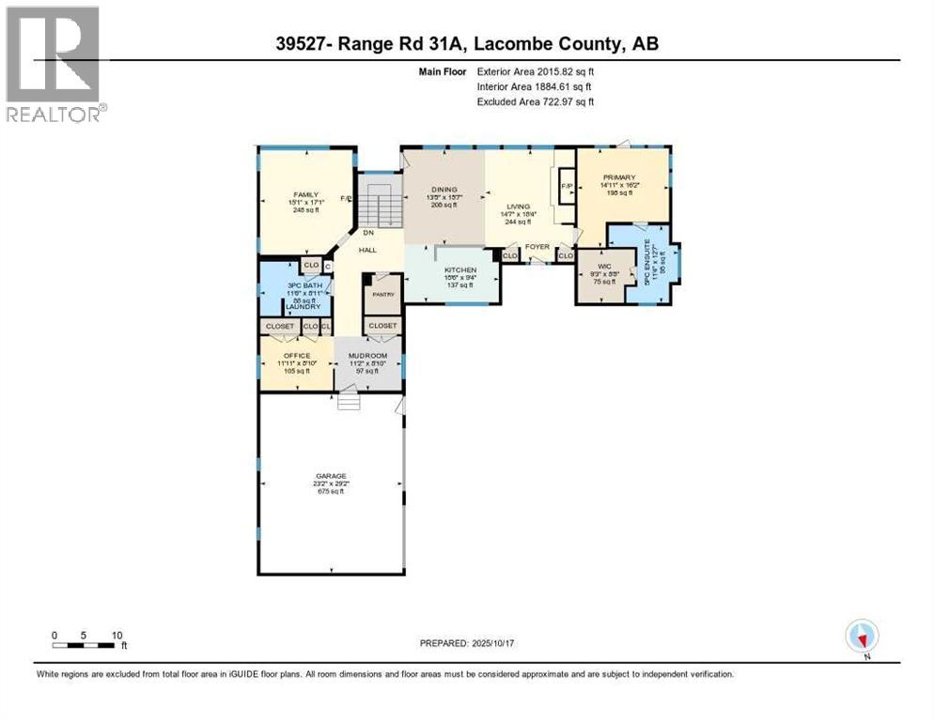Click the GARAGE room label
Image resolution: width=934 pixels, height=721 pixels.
coord(330,476)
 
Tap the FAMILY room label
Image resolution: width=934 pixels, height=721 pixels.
coord(305,194)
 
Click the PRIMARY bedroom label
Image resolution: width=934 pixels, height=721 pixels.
coord(620,177)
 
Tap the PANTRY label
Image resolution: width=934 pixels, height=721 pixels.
coord(381,294)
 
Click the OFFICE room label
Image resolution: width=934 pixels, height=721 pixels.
coord(297,356)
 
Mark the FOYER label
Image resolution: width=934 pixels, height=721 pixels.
coord(537,247)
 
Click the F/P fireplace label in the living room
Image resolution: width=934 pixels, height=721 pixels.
coord(567,186)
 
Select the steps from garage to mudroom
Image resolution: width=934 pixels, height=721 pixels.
coord(350,402)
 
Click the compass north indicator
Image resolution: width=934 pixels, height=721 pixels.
coord(862,637)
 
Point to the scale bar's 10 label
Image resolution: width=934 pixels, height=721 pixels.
coord(117,635)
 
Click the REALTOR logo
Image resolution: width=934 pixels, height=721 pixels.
coord(54,66)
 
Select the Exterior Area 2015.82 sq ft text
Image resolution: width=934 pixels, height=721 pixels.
coord(536,71)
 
